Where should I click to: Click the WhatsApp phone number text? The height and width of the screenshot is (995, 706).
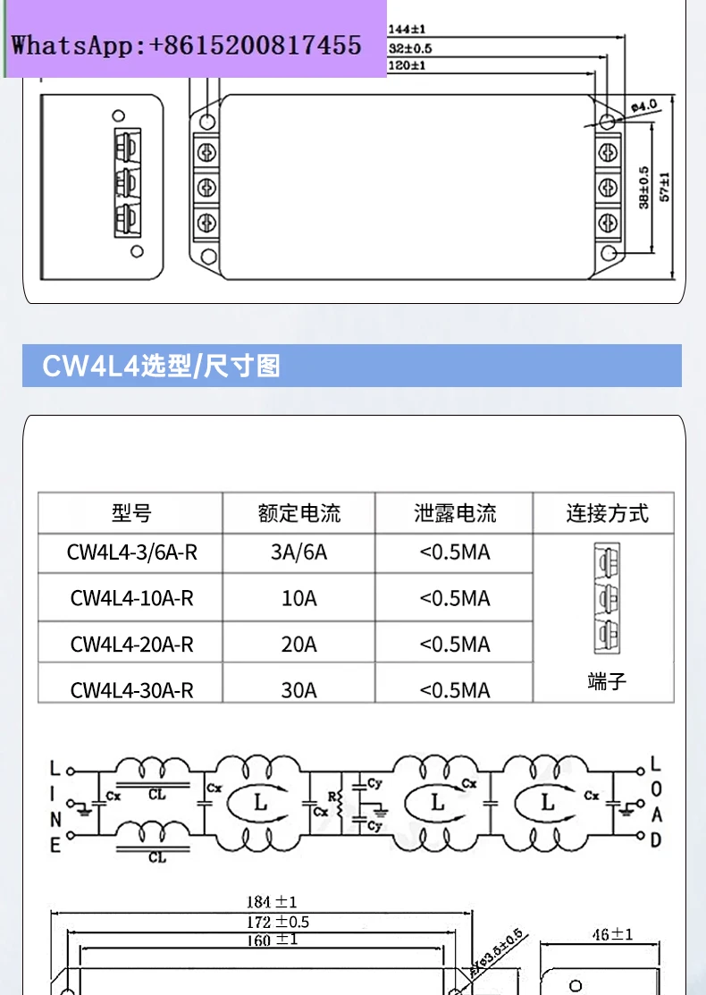coord(186,45)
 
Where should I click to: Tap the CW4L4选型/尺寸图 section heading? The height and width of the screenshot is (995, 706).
coord(162,366)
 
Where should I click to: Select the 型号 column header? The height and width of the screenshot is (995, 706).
coord(131,513)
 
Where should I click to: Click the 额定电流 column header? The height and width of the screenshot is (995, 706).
coord(299,513)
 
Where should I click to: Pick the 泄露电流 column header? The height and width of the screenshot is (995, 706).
coord(455,513)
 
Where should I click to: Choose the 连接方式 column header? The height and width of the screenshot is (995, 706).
coord(607,513)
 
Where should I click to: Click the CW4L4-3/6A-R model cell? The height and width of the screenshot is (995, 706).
coord(131,552)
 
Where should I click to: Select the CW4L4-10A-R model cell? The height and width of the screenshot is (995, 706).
coord(131,598)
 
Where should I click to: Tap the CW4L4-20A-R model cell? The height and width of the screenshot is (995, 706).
coord(131,644)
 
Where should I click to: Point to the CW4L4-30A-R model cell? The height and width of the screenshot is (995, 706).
coord(131,690)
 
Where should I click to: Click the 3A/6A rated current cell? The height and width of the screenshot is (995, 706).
coord(299,552)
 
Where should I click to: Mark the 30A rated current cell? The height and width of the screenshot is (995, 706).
coord(299,690)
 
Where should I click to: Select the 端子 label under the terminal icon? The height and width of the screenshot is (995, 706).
coord(608,682)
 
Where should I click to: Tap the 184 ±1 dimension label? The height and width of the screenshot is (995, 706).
coord(272,902)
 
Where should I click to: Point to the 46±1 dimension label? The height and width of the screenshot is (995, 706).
coord(612,934)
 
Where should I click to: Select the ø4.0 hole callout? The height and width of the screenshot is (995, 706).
coord(643,105)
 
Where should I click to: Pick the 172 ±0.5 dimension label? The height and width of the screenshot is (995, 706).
coord(278,922)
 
